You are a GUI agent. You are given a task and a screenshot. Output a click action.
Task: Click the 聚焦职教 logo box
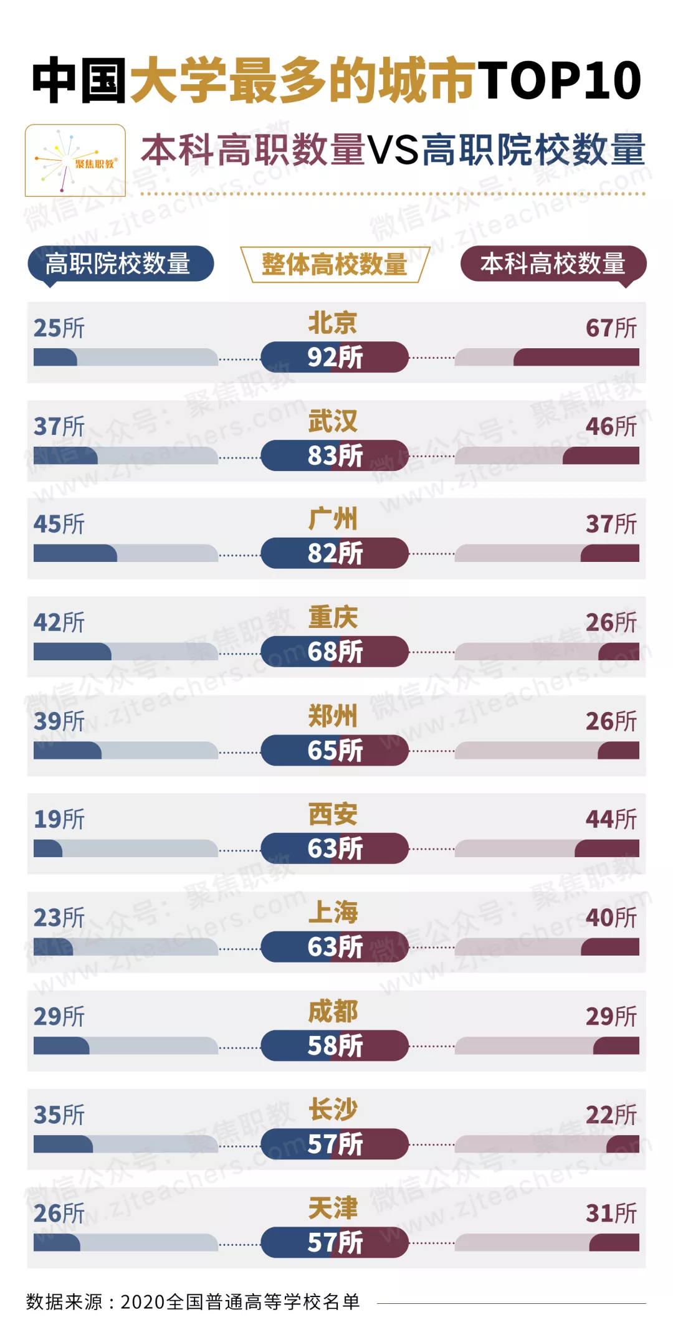click(75, 161)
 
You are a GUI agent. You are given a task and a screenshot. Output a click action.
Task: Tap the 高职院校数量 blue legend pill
click(120, 264)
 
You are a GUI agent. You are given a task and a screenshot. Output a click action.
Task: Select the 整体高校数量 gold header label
click(335, 264)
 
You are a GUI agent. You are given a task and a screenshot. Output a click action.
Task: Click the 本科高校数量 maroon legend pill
click(553, 264)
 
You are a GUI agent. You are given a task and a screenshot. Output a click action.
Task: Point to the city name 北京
click(333, 323)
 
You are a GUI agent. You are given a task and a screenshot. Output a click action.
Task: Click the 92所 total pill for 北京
click(335, 357)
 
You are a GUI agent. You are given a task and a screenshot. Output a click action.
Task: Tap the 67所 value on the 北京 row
click(611, 328)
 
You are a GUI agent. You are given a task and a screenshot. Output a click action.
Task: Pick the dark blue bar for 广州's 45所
click(75, 553)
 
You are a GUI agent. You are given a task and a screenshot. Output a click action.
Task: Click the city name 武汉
click(333, 421)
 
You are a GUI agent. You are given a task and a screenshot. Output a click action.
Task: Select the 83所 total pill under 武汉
click(335, 455)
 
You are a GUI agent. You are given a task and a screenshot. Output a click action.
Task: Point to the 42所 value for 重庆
click(59, 622)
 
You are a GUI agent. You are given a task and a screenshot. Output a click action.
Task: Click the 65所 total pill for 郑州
click(335, 750)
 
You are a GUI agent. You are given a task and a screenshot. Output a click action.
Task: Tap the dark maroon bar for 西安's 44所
click(607, 848)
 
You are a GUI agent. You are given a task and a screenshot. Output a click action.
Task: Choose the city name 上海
click(333, 912)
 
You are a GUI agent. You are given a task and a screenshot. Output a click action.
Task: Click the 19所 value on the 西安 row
click(59, 819)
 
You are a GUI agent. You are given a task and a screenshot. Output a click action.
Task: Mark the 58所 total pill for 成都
click(335, 1045)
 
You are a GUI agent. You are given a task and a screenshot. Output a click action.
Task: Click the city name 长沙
click(333, 1110)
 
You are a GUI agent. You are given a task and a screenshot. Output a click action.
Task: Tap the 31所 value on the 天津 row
click(611, 1213)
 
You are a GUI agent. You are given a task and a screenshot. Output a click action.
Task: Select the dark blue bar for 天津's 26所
click(57, 1243)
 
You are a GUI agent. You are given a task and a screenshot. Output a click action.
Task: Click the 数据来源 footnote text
click(193, 1301)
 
